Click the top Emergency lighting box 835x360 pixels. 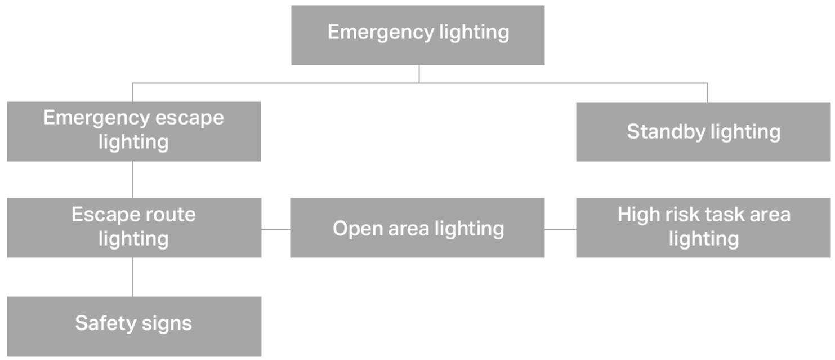[x=418, y=35]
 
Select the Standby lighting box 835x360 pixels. [x=703, y=131]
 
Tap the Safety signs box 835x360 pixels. [x=134, y=326]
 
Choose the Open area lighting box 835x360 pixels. [x=417, y=228]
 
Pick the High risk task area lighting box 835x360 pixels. [x=703, y=228]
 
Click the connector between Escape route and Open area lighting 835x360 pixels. [x=276, y=229]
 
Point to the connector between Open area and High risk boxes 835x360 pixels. [x=560, y=229]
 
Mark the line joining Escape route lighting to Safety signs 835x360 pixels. [x=133, y=277]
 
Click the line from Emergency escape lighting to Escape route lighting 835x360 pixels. [x=133, y=179]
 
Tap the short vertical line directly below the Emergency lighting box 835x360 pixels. [x=419, y=74]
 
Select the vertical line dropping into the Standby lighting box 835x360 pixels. [x=707, y=92]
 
